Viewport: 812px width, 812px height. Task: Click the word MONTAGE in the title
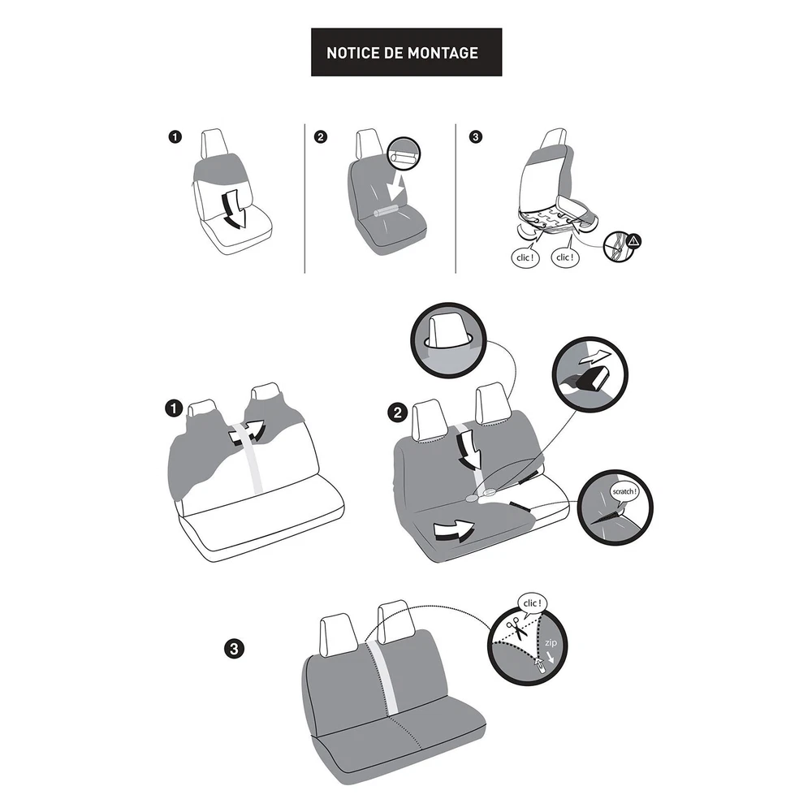coord(443,53)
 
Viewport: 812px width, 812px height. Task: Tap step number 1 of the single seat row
coord(175,136)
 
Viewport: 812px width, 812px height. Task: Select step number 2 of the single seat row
coord(321,136)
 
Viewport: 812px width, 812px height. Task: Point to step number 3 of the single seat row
coord(475,136)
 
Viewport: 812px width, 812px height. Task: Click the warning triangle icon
coord(634,241)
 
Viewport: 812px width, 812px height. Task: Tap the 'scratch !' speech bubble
coord(624,491)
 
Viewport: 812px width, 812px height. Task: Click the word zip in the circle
coord(551,642)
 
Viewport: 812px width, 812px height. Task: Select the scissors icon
coord(516,628)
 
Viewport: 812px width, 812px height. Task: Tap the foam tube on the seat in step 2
coord(386,211)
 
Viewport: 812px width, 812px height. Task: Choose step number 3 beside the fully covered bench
coord(234,648)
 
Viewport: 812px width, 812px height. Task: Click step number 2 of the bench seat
coord(398,412)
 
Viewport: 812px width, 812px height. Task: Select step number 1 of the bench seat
coord(174,408)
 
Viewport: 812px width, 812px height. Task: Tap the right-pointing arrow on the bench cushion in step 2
coord(454,531)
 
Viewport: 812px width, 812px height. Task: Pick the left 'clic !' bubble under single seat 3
coord(525,257)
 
